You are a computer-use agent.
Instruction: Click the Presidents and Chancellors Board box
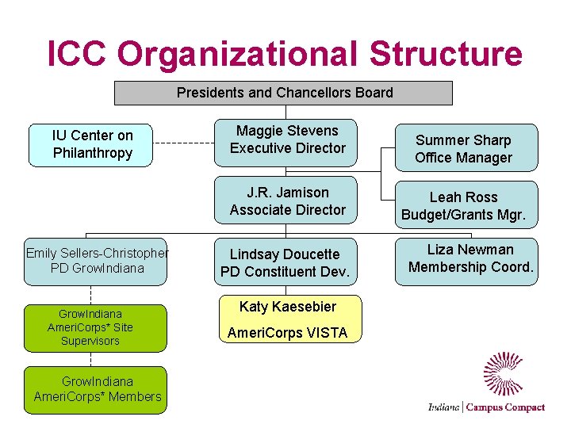pos(284,93)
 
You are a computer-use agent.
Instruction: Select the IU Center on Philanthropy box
pos(91,145)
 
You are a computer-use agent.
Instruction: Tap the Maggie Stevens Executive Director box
pos(287,140)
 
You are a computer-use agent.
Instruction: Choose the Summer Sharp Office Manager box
pos(463,148)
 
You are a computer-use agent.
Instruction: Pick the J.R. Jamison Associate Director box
pos(287,201)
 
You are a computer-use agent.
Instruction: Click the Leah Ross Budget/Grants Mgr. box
pos(463,206)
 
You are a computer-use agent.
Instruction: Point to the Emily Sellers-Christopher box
pos(96,262)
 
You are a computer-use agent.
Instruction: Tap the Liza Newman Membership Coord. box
pos(469,260)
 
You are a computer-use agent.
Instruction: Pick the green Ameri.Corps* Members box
pos(96,390)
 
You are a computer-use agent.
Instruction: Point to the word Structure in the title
pos(445,55)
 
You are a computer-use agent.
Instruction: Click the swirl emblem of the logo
pos(504,373)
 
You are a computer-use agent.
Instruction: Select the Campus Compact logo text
pos(505,407)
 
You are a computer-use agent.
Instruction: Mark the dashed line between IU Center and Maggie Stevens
pos(183,144)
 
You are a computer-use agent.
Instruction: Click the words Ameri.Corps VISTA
pos(287,333)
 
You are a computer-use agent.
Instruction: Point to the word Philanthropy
pos(93,153)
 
